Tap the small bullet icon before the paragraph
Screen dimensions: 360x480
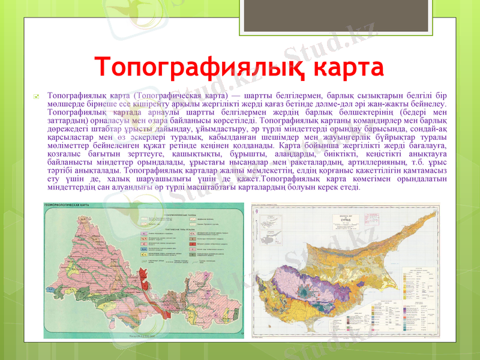[36, 97]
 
